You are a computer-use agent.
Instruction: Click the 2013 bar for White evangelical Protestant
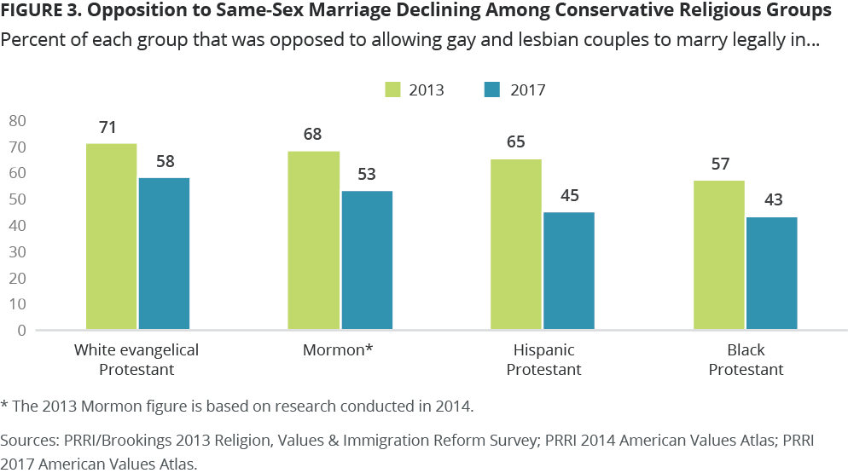click(112, 236)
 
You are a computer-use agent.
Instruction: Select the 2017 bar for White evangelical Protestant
click(164, 253)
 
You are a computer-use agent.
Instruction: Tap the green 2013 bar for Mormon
click(314, 240)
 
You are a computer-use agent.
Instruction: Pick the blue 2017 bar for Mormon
click(367, 260)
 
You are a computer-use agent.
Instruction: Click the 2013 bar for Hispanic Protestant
click(516, 244)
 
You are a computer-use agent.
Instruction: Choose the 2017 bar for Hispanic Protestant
click(569, 270)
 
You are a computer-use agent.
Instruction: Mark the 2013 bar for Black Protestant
click(719, 255)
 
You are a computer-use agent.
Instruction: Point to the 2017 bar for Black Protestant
click(771, 273)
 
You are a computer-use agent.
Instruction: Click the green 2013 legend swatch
click(393, 89)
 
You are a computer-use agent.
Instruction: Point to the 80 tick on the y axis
click(18, 121)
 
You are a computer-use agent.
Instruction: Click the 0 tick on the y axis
click(22, 330)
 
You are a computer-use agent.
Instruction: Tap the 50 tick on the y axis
click(18, 199)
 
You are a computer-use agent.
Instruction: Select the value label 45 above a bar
click(569, 196)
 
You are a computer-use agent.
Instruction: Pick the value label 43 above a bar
click(771, 201)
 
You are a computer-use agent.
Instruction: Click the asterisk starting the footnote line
click(4, 406)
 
